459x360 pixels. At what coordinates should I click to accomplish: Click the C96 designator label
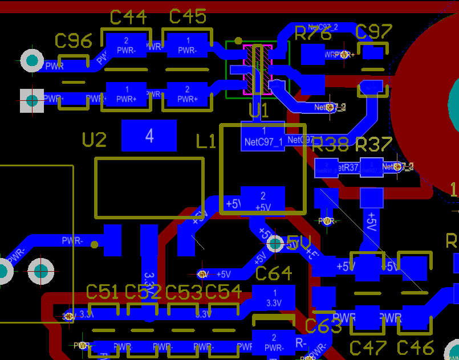coord(74,41)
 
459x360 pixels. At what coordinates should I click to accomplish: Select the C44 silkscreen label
coord(128,18)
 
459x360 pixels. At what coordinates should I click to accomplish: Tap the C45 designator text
coord(188,17)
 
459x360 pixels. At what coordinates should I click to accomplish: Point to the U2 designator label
coord(95,140)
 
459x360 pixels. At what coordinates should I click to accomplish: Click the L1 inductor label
coord(206,141)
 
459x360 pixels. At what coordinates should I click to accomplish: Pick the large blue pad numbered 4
coord(149,136)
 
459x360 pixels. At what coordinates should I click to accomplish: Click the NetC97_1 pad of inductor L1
coord(263,137)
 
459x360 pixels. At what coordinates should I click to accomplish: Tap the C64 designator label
coord(274,273)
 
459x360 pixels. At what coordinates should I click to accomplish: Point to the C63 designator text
coord(323,326)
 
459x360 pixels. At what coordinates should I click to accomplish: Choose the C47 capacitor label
coord(368,347)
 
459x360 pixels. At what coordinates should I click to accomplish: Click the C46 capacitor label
coord(415,347)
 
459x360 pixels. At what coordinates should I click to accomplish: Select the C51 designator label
coord(103,292)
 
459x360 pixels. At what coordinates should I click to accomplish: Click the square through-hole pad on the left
coord(32,101)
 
